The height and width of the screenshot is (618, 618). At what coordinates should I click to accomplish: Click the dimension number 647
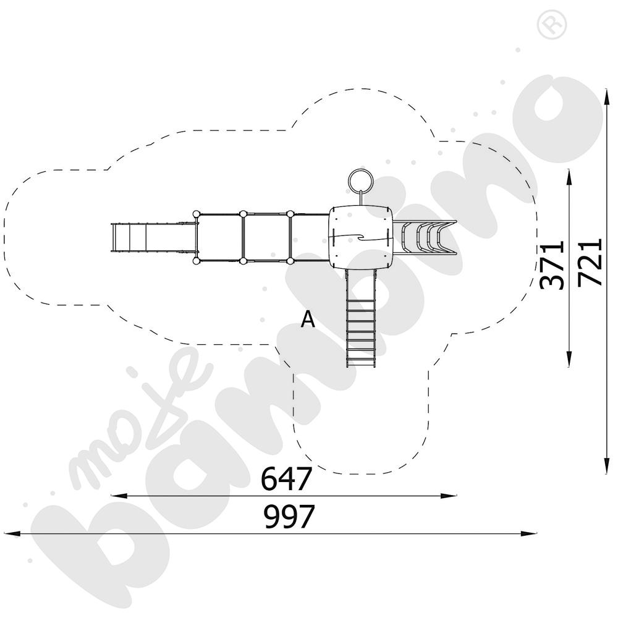[287, 478]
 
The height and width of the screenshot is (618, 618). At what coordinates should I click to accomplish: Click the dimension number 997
[289, 517]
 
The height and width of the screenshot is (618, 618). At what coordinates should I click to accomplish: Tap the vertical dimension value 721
[590, 261]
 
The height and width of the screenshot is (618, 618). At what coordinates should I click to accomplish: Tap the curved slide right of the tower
[425, 237]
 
